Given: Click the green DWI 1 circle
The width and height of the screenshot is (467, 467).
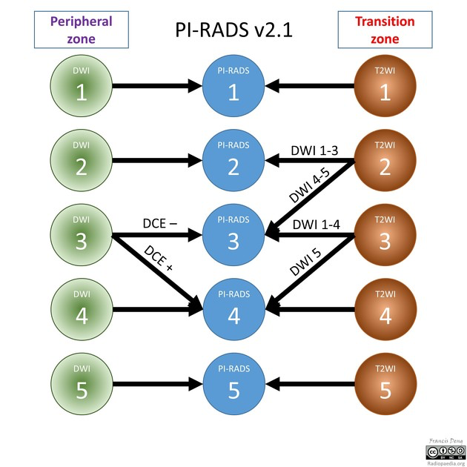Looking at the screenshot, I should coord(82,86).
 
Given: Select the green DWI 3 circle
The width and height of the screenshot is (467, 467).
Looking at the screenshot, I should coord(82,237).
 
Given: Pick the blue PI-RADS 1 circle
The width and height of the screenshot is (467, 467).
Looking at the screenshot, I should coord(233,86).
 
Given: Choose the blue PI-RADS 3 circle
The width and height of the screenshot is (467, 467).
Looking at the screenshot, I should coord(233,237).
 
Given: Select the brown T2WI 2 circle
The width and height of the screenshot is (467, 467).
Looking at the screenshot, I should coord(385,162).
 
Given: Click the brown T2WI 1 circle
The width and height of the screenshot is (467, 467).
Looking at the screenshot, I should coord(385,86).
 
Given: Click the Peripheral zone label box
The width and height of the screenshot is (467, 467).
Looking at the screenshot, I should coord(82,29).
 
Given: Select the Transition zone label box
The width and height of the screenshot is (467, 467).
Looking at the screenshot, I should coord(385,30).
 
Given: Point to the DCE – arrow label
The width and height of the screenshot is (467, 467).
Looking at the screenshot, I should coord(163,223).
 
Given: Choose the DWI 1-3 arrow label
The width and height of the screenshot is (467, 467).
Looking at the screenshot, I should coord(314,150).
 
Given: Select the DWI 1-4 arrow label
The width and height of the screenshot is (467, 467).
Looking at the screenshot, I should coord(314,225).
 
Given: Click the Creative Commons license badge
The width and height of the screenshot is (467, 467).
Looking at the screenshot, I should coord(444,451).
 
